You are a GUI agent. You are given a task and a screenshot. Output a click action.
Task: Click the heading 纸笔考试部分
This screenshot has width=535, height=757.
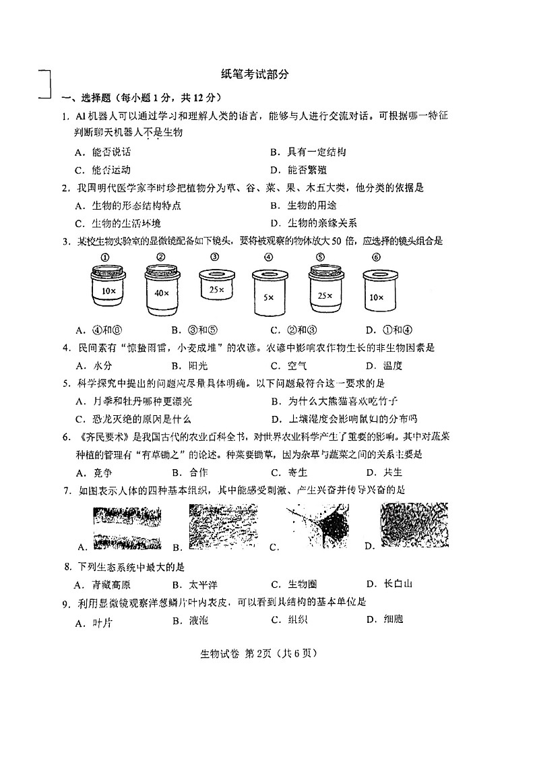254,75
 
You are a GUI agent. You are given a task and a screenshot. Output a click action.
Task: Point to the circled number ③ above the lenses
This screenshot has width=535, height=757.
214,256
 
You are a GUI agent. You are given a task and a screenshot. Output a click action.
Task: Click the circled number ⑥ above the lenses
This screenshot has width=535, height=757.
376,256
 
